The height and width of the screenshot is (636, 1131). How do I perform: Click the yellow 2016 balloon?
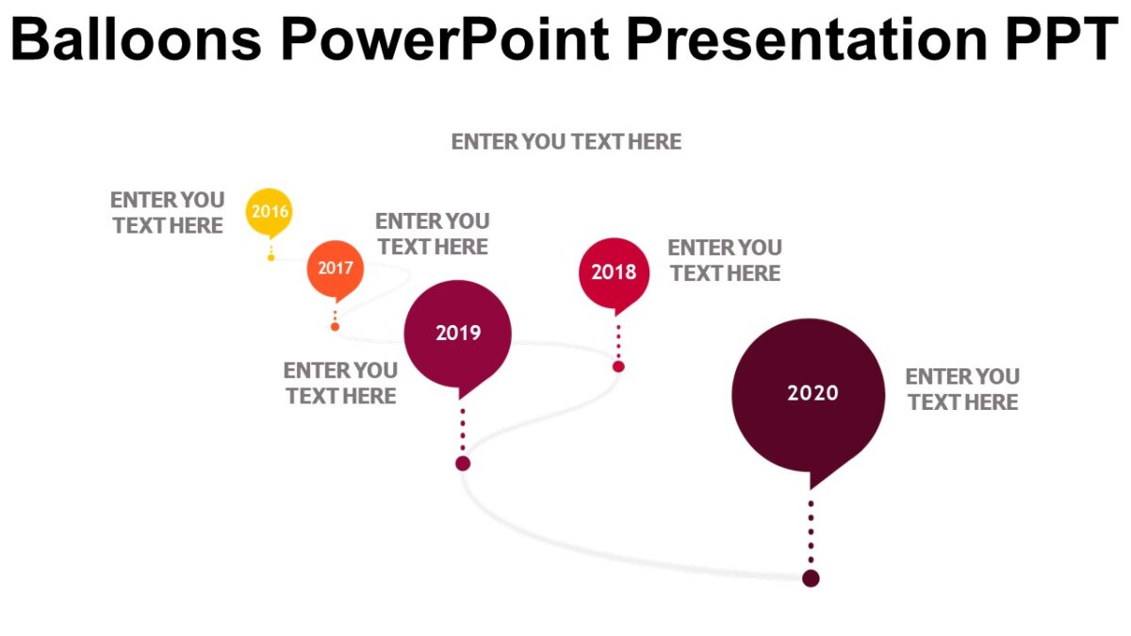270,211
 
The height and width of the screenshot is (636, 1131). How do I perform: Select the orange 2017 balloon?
335,269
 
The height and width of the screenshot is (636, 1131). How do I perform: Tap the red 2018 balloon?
614,272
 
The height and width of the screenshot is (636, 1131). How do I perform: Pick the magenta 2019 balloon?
458,333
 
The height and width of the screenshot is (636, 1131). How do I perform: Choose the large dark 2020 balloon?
809,394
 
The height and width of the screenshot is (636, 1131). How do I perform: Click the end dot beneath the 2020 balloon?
811,578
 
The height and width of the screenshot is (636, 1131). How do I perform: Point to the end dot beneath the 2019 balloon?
463,463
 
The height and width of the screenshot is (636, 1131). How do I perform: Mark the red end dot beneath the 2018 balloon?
618,366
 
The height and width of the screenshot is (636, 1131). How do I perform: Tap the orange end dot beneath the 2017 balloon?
335,326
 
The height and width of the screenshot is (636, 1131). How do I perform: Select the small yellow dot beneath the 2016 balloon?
271,257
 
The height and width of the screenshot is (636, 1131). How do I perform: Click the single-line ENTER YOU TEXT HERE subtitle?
565,142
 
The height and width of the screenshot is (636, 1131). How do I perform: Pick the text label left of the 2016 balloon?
168,213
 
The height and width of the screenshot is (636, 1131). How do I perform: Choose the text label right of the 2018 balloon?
725,260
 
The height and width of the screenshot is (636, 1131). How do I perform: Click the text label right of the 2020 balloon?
962,389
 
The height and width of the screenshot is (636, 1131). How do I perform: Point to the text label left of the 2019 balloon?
340,383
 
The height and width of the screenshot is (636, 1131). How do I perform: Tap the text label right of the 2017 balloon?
433,234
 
